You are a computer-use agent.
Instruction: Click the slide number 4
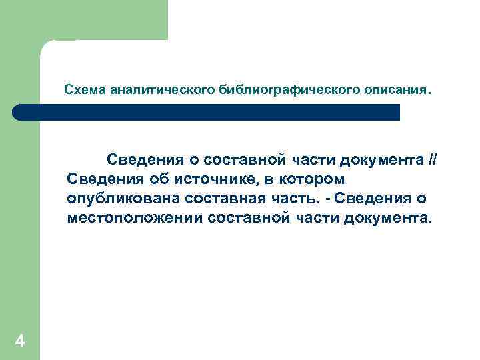click(20, 342)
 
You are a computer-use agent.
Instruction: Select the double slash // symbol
click(433, 160)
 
